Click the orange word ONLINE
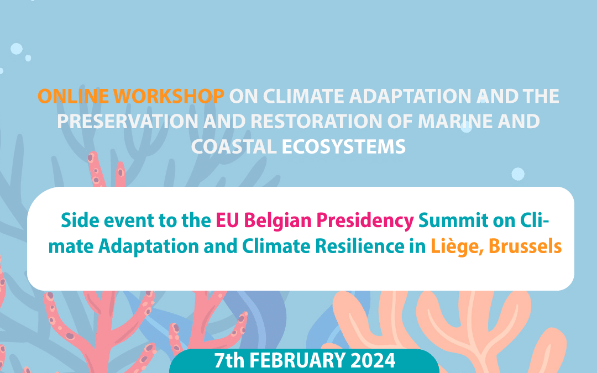pyautogui.click(x=73, y=96)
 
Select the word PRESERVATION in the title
pyautogui.click(x=128, y=122)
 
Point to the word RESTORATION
pyautogui.click(x=316, y=122)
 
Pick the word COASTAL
pyautogui.click(x=234, y=147)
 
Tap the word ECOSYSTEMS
pyautogui.click(x=343, y=147)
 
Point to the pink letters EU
pyautogui.click(x=227, y=220)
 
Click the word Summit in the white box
pyautogui.click(x=453, y=220)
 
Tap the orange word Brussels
pyautogui.click(x=525, y=246)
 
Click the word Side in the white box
pyautogui.click(x=80, y=220)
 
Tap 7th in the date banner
pyautogui.click(x=229, y=360)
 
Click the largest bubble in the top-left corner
pyautogui.click(x=17, y=49)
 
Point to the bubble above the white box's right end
pyautogui.click(x=518, y=174)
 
